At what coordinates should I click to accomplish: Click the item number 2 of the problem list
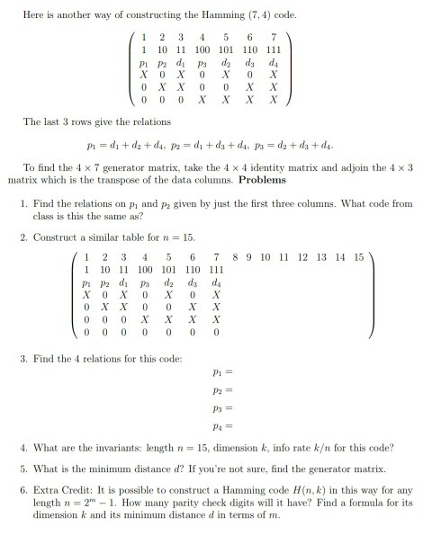tap(24, 238)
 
